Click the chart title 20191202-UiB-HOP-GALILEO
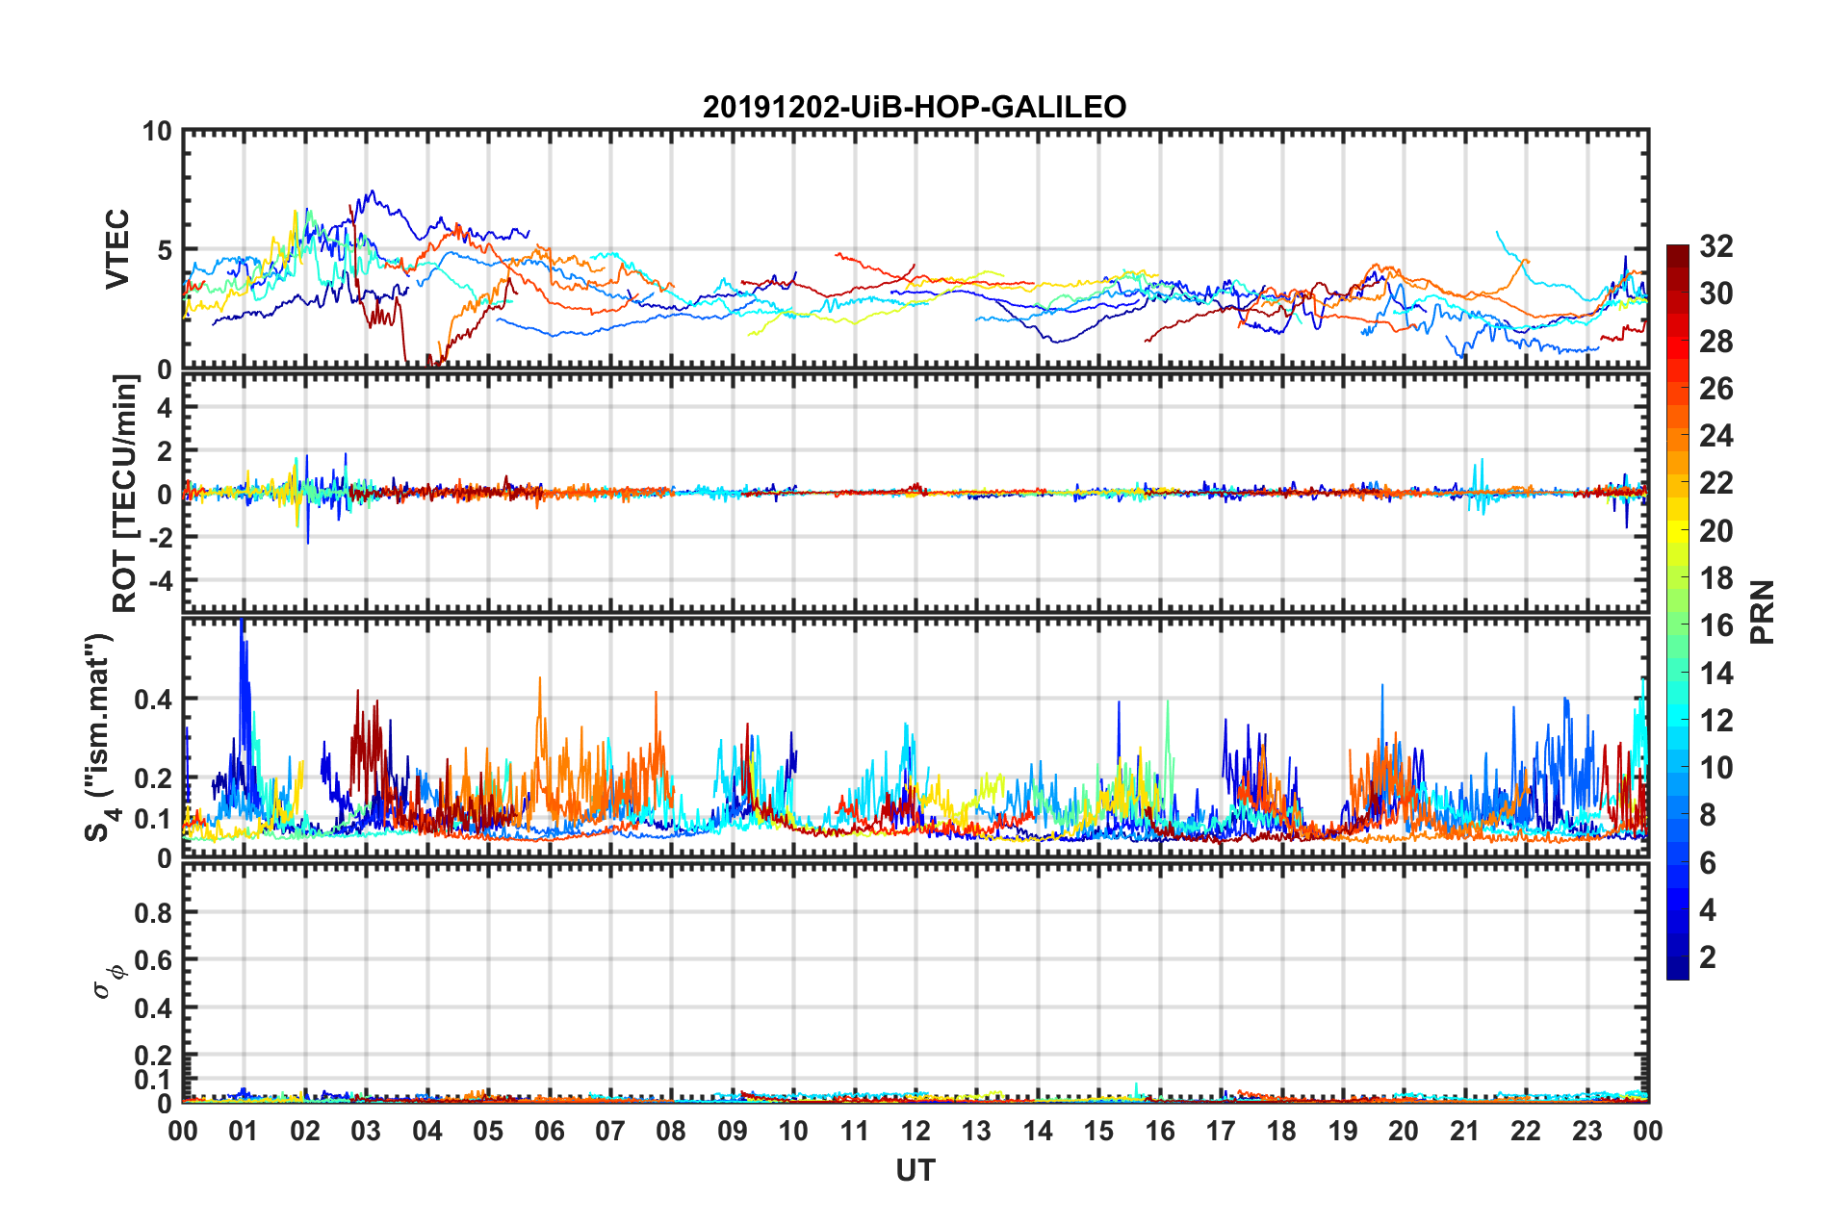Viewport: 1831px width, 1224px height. point(915,107)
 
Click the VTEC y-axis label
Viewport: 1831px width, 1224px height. point(117,248)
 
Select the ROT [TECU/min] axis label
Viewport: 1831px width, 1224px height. point(125,494)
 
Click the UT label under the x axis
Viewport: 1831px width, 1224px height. point(915,1170)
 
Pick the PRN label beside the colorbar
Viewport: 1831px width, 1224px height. point(1763,612)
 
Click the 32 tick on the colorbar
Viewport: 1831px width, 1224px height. point(1715,247)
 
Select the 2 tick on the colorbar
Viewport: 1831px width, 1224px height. point(1708,957)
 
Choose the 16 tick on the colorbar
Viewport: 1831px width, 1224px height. point(1715,625)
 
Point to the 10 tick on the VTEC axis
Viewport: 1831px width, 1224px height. point(156,132)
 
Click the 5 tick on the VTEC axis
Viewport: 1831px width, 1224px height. point(164,250)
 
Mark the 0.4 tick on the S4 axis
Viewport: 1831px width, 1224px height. point(153,700)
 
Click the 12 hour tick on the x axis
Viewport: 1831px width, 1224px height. point(915,1131)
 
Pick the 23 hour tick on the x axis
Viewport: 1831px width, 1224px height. point(1586,1131)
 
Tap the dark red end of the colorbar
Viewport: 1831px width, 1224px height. point(1677,251)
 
